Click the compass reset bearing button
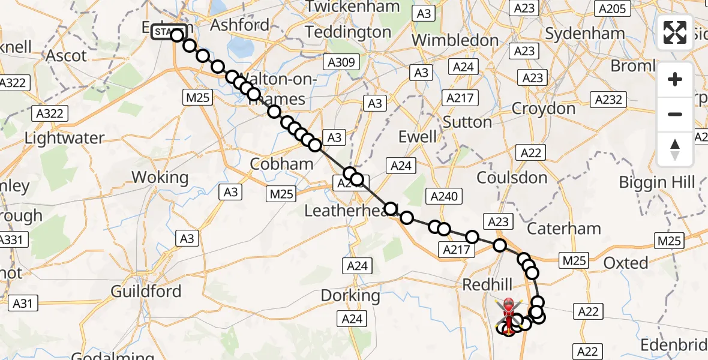pos(675,149)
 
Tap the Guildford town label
pos(146,292)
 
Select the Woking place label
pos(160,178)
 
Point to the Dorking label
pos(350,295)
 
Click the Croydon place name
pos(543,109)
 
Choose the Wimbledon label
pos(455,41)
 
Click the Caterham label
pos(563,228)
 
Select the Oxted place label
pos(626,262)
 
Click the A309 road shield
pos(341,62)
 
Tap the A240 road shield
pos(444,196)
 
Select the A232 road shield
pos(608,100)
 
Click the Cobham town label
pos(281,164)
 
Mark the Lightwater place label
pos(65,138)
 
